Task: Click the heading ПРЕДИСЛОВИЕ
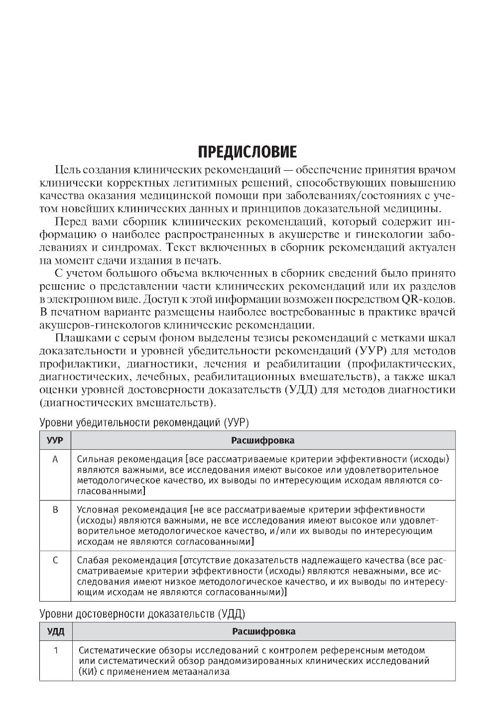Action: point(248,152)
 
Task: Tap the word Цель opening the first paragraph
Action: point(68,170)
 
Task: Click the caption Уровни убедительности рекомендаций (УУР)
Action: point(144,422)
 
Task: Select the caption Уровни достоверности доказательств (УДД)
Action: point(142,614)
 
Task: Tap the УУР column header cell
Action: point(55,440)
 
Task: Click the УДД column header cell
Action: point(55,631)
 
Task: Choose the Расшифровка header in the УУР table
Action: point(262,440)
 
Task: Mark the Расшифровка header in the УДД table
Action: point(263,631)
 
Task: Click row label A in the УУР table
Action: point(55,459)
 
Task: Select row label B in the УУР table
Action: point(55,510)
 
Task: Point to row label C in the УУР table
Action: point(55,560)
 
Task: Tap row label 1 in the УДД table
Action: point(55,650)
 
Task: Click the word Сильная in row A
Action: point(95,459)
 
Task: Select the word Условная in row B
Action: point(98,510)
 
